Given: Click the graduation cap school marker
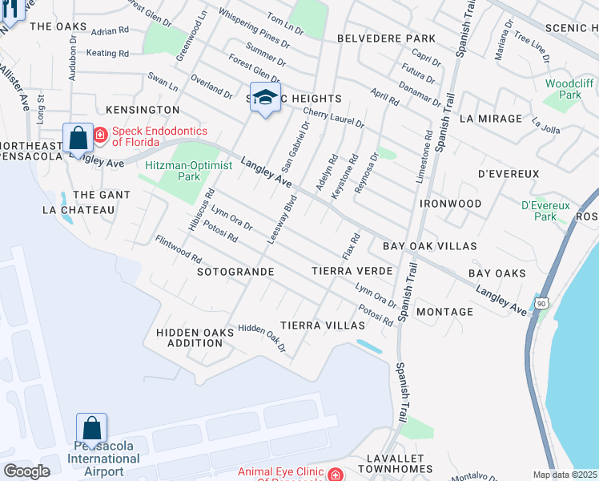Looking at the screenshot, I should tap(265, 98).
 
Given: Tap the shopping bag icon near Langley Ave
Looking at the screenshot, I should tap(78, 138).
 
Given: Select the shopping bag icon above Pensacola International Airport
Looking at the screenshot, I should tap(91, 427).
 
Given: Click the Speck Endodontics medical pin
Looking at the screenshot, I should tap(100, 135).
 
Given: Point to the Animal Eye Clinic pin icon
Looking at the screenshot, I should tap(334, 474).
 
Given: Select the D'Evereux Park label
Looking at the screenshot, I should tap(544, 210).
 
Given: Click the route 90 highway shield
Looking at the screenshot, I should tap(542, 304).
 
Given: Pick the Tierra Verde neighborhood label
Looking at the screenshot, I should tap(352, 271).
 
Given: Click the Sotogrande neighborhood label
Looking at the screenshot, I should tap(235, 272).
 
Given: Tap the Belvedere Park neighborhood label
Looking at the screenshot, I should tap(386, 38).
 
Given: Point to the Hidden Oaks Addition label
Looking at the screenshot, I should tap(189, 337).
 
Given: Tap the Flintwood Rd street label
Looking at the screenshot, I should tap(178, 249).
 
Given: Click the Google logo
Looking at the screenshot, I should tap(26, 471).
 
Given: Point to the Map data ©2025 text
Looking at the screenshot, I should tap(565, 475).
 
